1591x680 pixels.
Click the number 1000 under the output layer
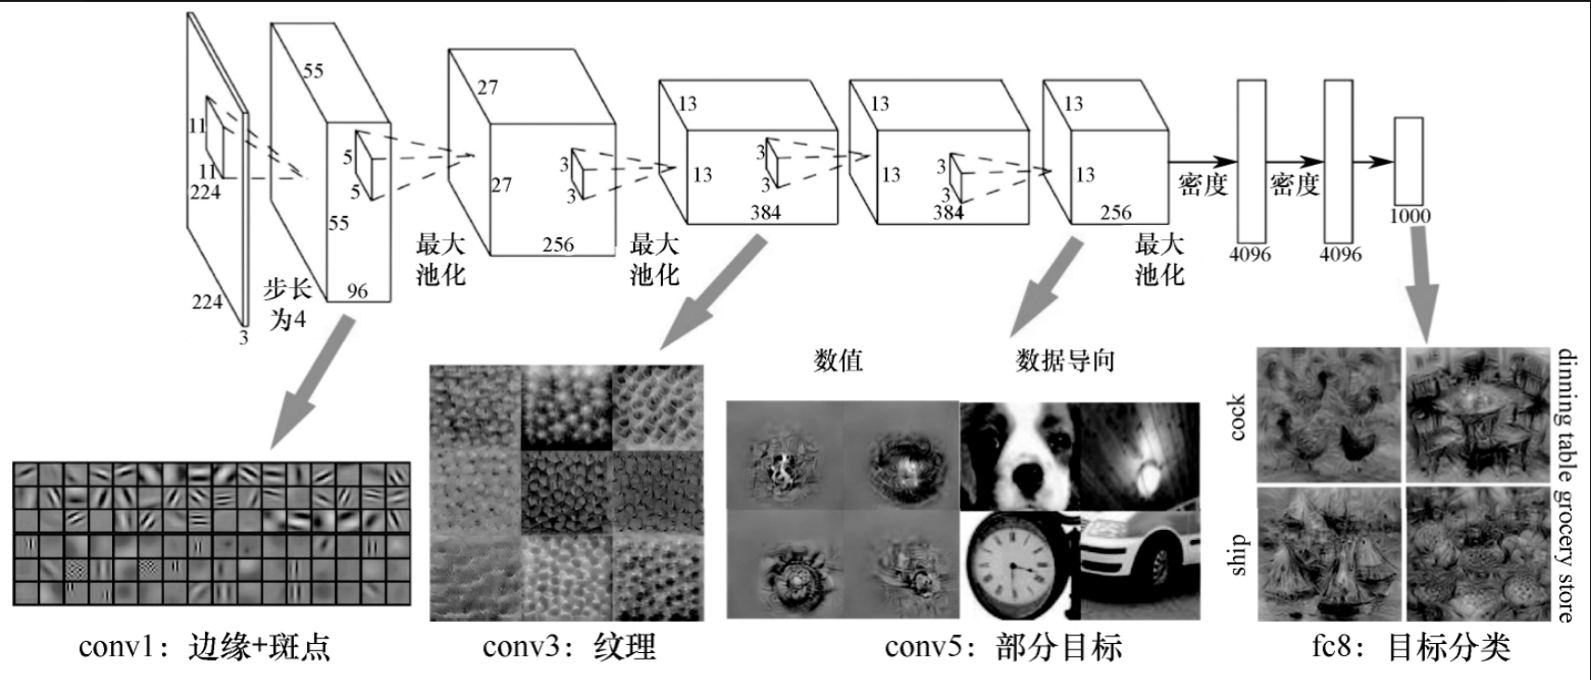click(x=1409, y=216)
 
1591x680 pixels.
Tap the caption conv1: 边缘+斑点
click(x=204, y=646)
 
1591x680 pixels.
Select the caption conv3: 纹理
click(x=568, y=646)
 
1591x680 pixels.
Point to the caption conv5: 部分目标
click(x=1003, y=646)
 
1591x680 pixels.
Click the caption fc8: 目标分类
click(x=1410, y=646)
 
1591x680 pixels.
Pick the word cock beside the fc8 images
click(x=1237, y=418)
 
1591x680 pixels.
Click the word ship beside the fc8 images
click(x=1237, y=554)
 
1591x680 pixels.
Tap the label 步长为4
click(x=287, y=304)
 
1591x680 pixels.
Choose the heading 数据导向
click(x=1064, y=360)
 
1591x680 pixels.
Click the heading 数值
click(x=838, y=360)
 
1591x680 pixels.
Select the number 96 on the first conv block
click(x=357, y=291)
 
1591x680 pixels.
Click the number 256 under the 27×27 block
click(x=558, y=245)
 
